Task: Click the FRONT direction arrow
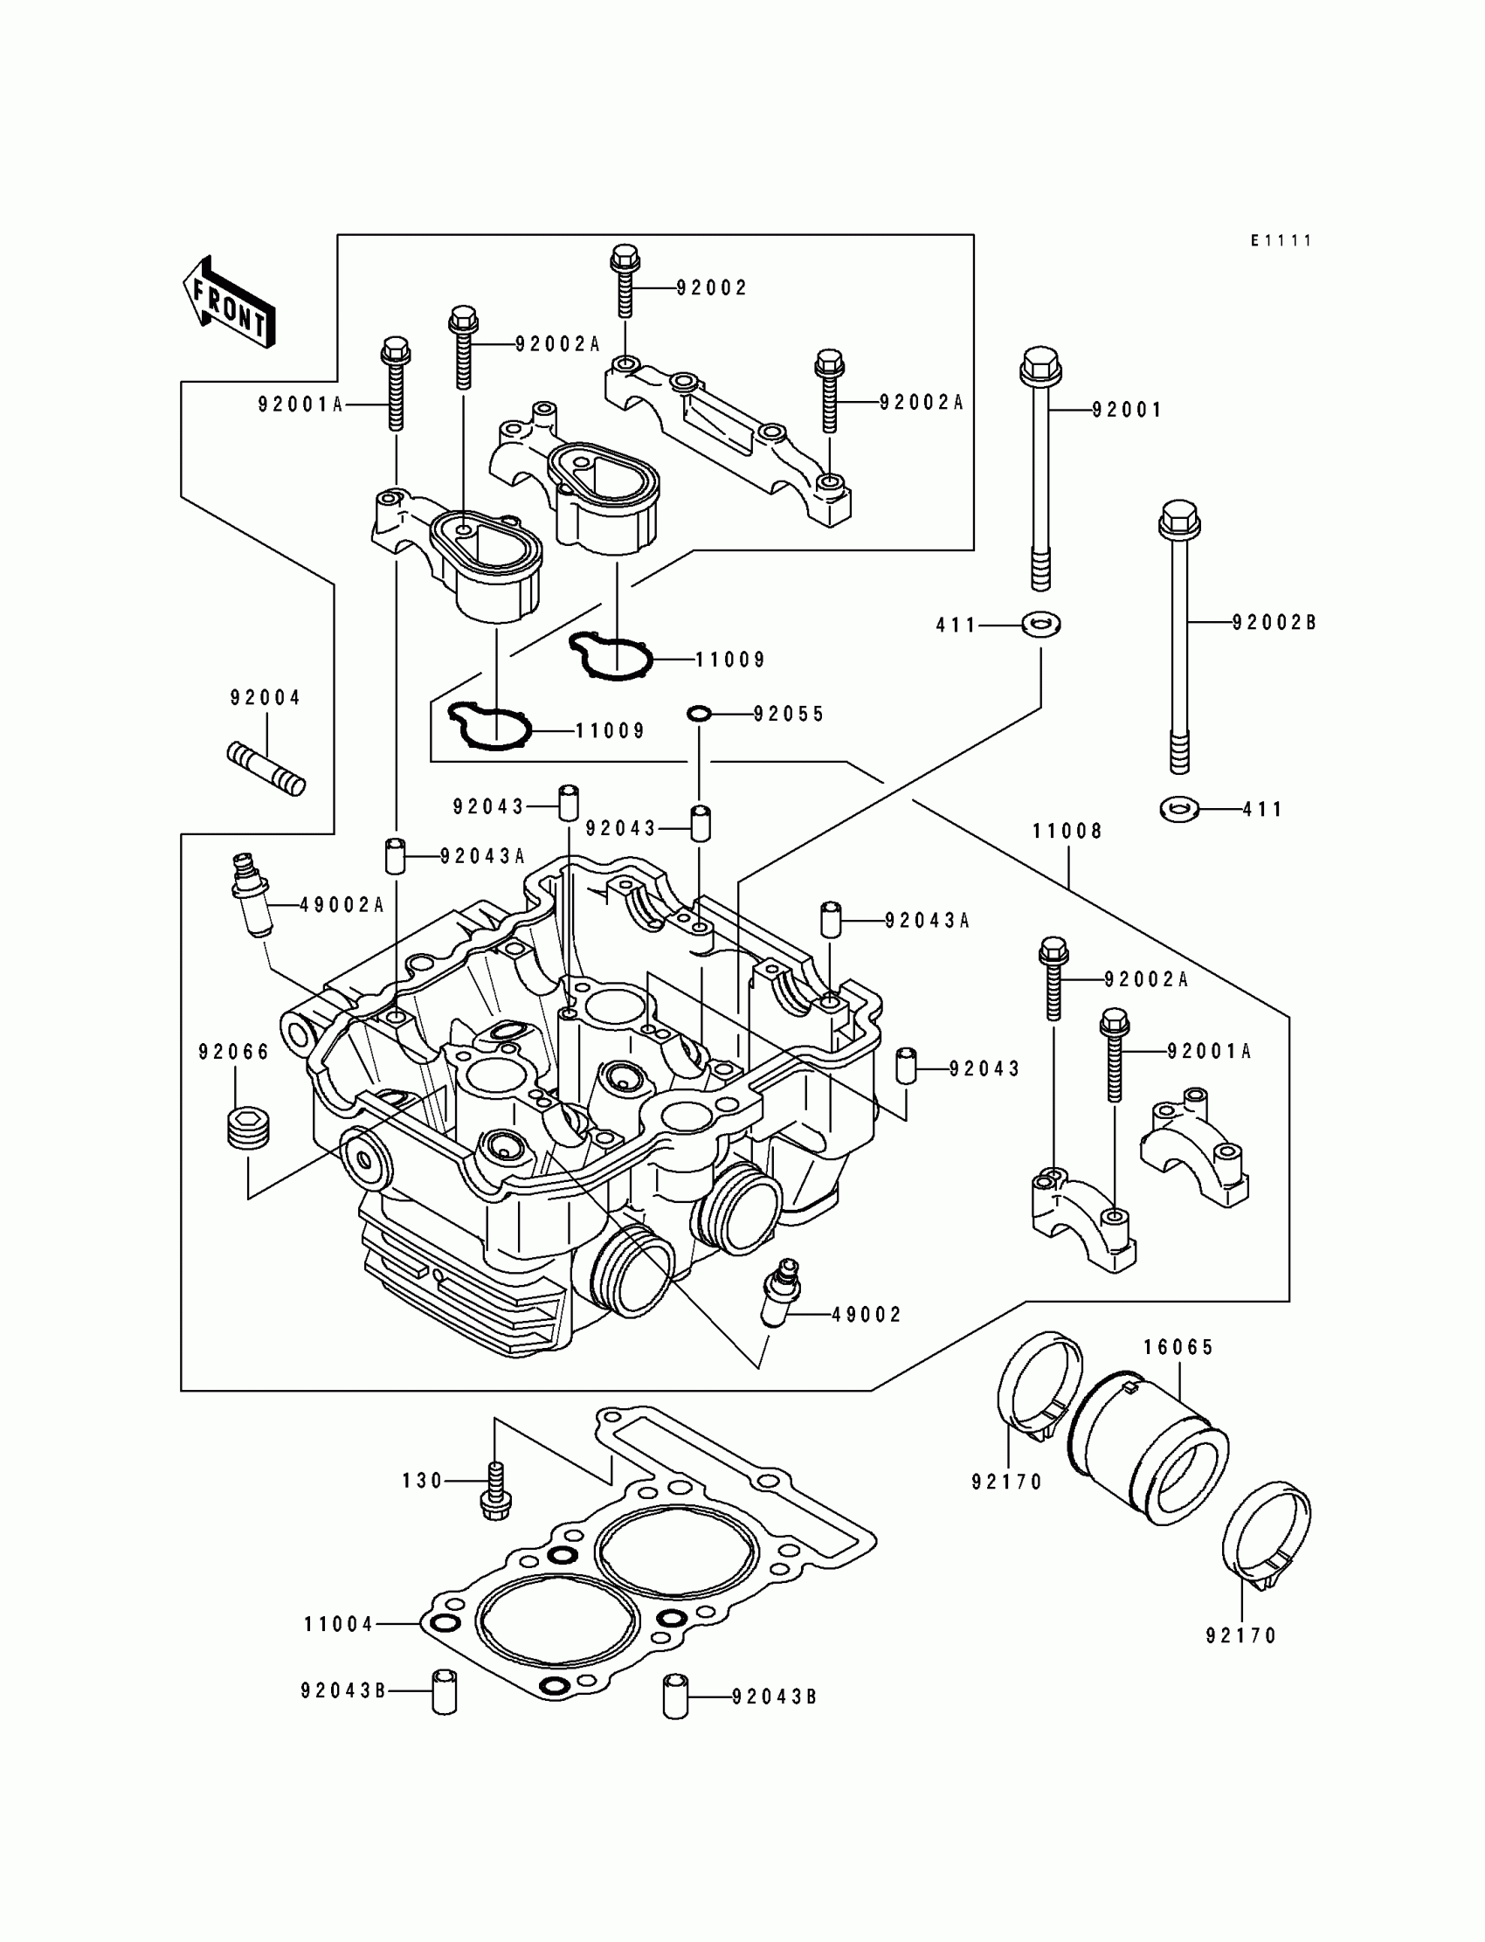pos(229,301)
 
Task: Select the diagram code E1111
pos(1281,240)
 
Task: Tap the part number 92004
pos(266,698)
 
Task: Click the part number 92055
pos(789,714)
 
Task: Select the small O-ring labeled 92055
pos(699,713)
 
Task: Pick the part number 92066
pos(234,1052)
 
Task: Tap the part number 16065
pos(1178,1347)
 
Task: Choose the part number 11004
pos(340,1624)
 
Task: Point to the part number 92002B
pos(1274,622)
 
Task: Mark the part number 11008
pos(1067,831)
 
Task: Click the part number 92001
pos(1127,410)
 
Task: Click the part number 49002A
pos(342,905)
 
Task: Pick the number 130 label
pos(423,1481)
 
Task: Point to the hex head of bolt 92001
pos(1040,365)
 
